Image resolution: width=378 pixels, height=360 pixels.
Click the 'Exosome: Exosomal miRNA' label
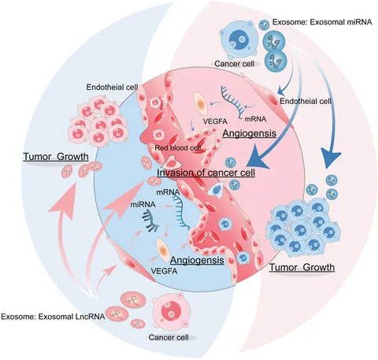click(322, 22)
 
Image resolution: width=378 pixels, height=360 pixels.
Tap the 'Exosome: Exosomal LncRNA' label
click(53, 317)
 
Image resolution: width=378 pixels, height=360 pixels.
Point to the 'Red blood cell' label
click(178, 148)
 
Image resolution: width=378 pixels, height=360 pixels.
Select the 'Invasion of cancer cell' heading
click(206, 173)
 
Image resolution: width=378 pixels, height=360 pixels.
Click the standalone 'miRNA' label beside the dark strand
click(143, 204)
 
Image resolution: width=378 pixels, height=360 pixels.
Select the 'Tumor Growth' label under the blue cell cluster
click(302, 267)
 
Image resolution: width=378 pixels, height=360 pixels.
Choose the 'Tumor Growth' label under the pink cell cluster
click(56, 157)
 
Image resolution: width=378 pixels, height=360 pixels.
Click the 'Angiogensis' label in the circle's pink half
click(250, 133)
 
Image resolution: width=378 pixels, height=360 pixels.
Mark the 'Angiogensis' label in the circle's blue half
click(197, 260)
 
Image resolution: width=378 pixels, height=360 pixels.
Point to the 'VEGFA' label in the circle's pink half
click(215, 121)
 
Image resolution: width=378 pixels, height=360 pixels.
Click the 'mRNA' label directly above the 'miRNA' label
click(168, 192)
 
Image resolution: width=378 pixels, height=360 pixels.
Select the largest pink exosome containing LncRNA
click(133, 301)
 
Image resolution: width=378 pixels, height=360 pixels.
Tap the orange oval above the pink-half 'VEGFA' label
click(201, 104)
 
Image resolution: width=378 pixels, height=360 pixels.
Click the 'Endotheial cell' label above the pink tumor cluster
click(113, 87)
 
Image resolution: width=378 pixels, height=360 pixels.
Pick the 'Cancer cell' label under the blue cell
click(235, 64)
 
